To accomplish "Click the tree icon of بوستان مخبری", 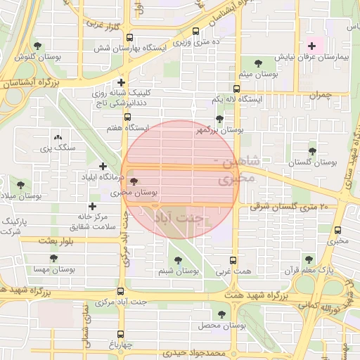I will click(x=134, y=181).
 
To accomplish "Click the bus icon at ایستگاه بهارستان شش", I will click(x=196, y=32).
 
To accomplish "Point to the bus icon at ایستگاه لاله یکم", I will click(x=236, y=89).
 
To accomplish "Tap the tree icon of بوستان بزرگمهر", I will click(x=219, y=119).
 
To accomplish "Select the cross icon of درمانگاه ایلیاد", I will click(x=103, y=167).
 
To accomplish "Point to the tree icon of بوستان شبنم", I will click(x=177, y=259).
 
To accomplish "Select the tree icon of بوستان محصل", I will click(x=222, y=314).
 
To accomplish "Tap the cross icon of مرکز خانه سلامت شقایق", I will click(x=91, y=206).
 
